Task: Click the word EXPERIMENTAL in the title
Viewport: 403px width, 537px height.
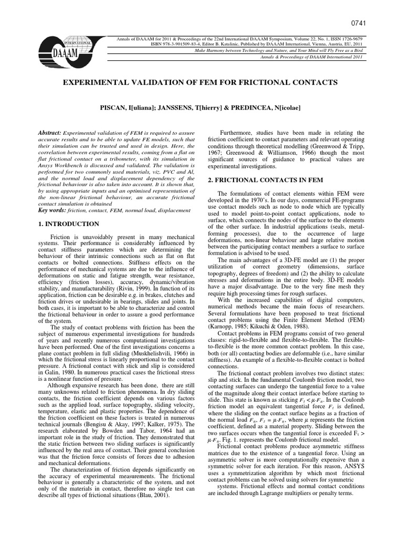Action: pyautogui.click(x=97, y=83)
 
